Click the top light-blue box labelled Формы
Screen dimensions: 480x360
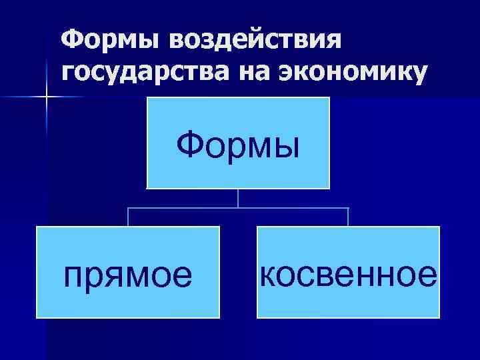click(238, 143)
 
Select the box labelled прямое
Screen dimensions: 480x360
click(128, 271)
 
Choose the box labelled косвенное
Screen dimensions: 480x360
click(347, 271)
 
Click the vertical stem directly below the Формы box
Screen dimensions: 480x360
click(238, 198)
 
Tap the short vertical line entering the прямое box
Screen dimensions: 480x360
click(128, 217)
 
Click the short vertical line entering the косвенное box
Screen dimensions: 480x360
click(348, 217)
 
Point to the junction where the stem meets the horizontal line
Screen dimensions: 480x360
click(238, 208)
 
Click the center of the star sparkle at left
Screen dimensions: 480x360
click(47, 97)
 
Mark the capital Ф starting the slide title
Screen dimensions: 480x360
click(71, 41)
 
